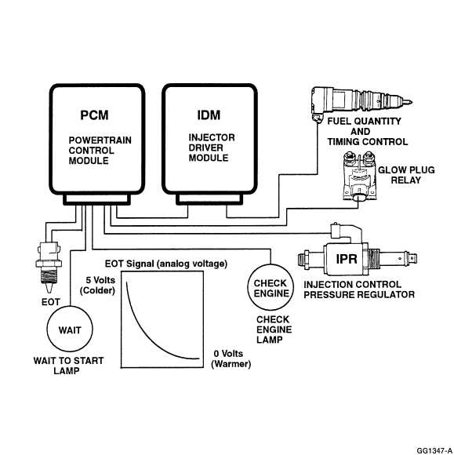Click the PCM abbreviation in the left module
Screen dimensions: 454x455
coord(94,115)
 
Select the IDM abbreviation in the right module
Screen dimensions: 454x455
coord(209,115)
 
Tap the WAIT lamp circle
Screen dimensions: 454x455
coord(70,307)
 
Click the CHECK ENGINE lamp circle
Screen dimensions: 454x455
coord(271,264)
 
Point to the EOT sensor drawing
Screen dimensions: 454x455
coord(49,265)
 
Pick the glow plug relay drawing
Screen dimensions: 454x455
coord(359,177)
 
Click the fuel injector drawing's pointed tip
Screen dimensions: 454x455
coord(412,102)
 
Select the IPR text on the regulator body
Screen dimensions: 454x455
coord(347,259)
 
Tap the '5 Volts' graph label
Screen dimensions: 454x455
coord(100,280)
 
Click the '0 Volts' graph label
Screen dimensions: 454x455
coord(228,354)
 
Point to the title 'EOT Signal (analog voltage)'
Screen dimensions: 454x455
coord(166,264)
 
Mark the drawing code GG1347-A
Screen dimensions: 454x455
coord(434,450)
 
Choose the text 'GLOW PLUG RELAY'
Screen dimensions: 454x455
coord(406,175)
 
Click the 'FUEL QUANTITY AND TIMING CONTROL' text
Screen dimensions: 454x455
coord(367,132)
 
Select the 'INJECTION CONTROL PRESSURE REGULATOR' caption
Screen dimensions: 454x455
coord(359,289)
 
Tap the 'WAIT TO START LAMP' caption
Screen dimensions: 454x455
coord(68,366)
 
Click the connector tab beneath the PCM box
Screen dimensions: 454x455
coord(97,199)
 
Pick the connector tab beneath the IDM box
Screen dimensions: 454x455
coord(209,199)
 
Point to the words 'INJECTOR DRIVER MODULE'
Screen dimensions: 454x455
coord(212,147)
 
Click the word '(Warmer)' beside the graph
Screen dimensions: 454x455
coord(231,364)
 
